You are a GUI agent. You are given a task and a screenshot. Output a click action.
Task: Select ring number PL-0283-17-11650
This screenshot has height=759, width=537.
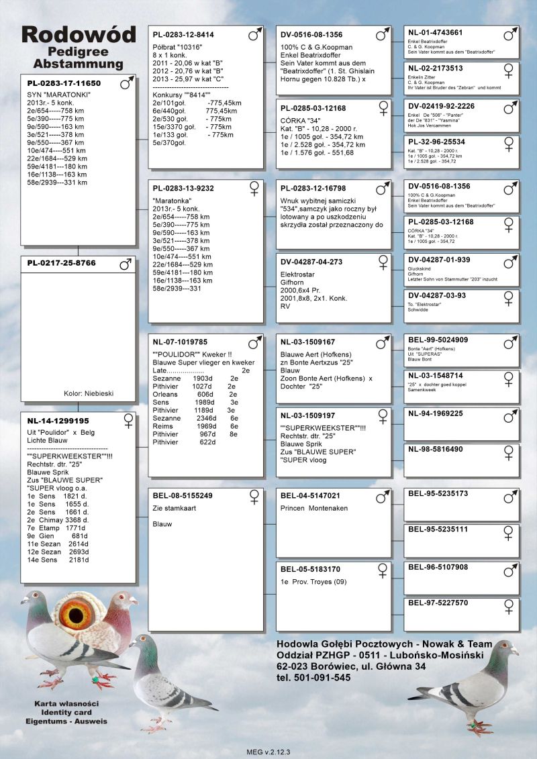[64, 84]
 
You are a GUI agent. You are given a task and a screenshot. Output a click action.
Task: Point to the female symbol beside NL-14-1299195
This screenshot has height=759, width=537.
[128, 421]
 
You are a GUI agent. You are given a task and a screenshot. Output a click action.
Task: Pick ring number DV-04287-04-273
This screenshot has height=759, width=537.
[311, 262]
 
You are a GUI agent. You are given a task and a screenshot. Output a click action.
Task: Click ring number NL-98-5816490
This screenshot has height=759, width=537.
[435, 449]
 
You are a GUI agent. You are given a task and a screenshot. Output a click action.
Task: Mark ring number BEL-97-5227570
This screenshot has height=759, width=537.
[438, 603]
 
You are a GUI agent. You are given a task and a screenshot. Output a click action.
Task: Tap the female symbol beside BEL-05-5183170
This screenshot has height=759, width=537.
[383, 570]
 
